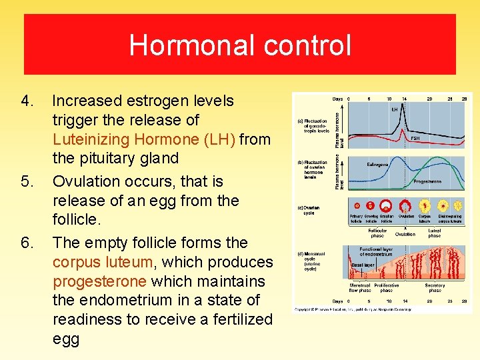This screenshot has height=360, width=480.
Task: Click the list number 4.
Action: [27, 101]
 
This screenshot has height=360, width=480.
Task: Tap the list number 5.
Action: [27, 182]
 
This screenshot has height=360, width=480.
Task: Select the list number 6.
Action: [27, 243]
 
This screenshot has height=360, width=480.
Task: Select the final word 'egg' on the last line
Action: [65, 339]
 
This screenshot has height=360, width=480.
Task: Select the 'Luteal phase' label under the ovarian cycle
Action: [434, 233]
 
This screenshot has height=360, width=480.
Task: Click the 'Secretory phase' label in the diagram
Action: [434, 288]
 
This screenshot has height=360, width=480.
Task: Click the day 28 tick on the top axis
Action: [465, 99]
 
